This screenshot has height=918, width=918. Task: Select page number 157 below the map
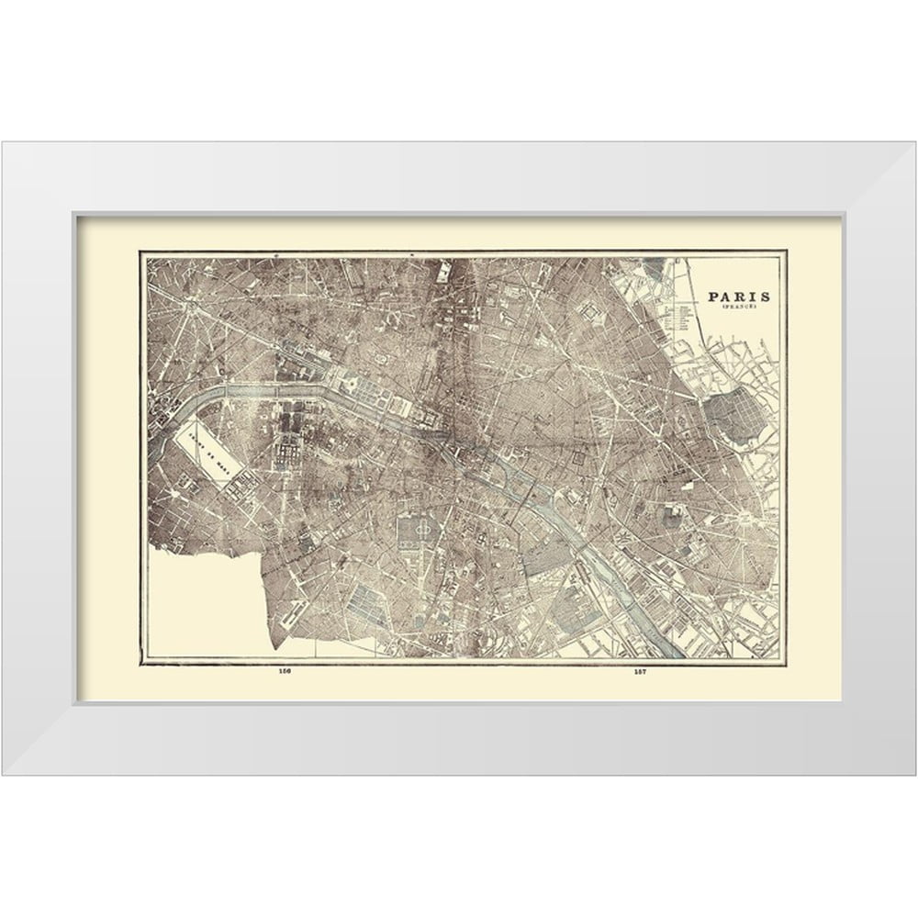[640, 671]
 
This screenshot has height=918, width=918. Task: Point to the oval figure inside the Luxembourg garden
[423, 530]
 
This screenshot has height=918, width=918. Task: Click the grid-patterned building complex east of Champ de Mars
[285, 450]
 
